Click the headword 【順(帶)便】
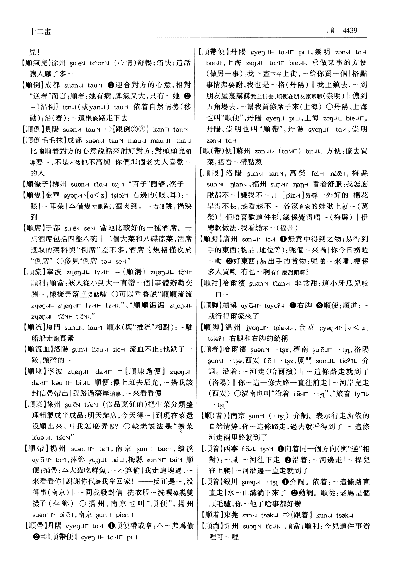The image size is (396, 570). pos(216,151)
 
